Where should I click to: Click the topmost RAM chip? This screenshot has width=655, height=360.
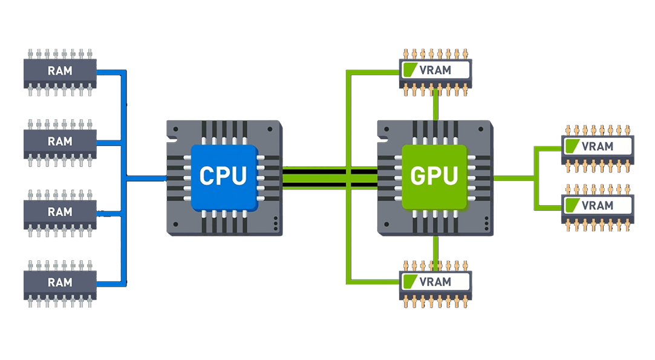point(60,71)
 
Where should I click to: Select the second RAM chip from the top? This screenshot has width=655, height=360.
point(60,142)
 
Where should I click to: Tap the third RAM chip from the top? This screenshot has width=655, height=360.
point(60,212)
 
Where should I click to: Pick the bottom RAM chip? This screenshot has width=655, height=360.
point(60,283)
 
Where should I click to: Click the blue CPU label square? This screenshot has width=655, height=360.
point(223,177)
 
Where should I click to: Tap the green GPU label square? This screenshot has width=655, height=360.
point(434,177)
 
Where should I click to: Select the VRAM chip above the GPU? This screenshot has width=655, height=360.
point(435,70)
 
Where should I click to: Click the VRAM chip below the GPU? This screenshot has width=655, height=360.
point(435,281)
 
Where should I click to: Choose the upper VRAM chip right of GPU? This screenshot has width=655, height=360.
point(598,146)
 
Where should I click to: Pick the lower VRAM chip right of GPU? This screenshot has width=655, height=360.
point(598,205)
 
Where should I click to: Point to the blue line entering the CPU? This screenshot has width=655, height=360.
point(145,178)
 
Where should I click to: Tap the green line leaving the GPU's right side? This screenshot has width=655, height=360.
point(514,178)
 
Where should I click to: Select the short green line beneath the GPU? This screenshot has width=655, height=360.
point(435,249)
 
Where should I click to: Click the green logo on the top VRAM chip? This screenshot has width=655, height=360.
point(409,70)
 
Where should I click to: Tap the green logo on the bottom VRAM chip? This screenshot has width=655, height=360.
point(409,281)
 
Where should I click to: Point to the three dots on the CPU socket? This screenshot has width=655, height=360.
point(276,223)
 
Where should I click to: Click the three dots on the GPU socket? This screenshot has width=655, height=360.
point(486,223)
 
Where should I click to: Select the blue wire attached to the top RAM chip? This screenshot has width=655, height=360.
point(110,72)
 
